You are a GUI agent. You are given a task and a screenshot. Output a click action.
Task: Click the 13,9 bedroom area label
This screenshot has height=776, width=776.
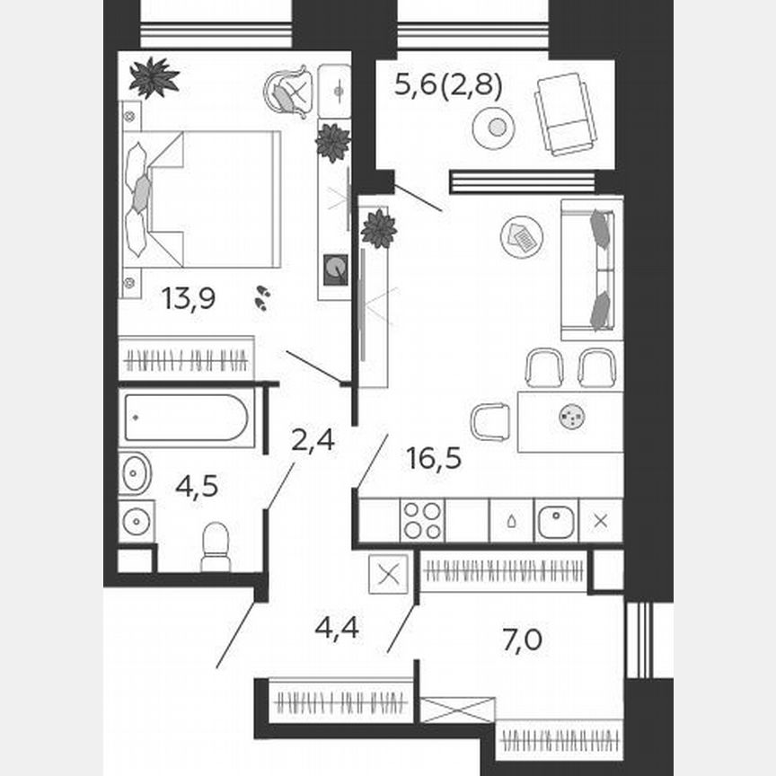coord(188,299)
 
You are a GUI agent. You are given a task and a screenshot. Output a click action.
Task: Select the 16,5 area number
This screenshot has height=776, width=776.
coord(433,459)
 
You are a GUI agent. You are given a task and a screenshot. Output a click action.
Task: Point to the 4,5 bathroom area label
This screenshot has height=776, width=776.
coord(197,487)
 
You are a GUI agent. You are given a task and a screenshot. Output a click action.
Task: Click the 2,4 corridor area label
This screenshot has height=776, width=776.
coord(313,440)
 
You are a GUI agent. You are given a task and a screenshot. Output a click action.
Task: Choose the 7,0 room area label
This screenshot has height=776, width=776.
coord(524,641)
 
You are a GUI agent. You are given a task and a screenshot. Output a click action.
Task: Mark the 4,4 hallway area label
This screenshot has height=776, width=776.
coord(337,627)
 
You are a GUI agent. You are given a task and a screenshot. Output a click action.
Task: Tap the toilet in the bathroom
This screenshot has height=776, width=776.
coord(216,546)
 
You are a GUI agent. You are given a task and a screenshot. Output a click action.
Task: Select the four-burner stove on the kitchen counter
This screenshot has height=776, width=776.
coord(421,520)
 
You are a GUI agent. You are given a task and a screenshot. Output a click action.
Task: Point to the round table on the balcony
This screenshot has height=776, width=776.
coord(493,128)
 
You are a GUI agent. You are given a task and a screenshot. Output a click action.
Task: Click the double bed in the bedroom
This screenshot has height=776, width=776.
coord(201,198)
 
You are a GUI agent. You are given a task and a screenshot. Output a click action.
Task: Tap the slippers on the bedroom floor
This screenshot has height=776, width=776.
coord(262,297)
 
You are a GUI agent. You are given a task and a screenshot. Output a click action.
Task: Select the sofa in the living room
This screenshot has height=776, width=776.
coord(591,269)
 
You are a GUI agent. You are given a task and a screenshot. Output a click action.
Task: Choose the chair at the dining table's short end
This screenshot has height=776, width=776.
coord(490,421)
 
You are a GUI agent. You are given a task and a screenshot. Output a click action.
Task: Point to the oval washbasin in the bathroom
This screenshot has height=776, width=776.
coord(135,472)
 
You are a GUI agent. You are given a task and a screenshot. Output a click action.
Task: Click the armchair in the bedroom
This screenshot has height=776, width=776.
coord(289,91)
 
